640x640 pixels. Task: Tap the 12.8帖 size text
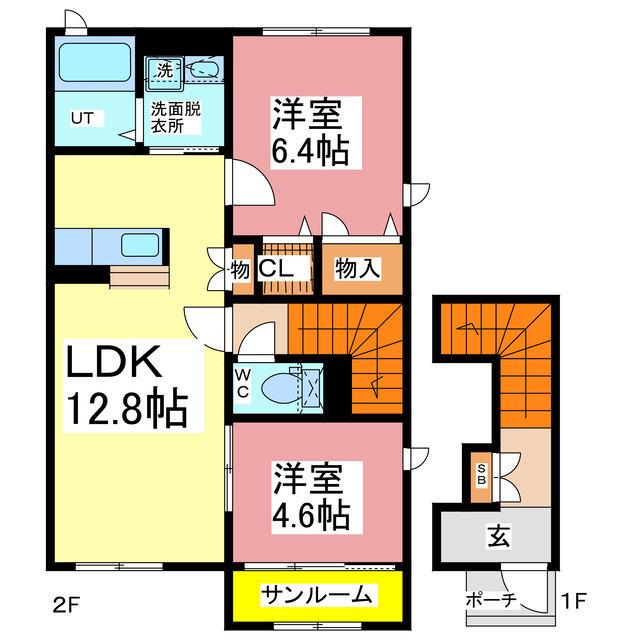pyautogui.click(x=125, y=408)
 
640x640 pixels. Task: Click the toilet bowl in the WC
pyautogui.click(x=280, y=385)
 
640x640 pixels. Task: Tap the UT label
pyautogui.click(x=81, y=118)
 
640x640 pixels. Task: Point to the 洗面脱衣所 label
pyautogui.click(x=175, y=118)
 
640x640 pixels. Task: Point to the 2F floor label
pyautogui.click(x=64, y=604)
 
